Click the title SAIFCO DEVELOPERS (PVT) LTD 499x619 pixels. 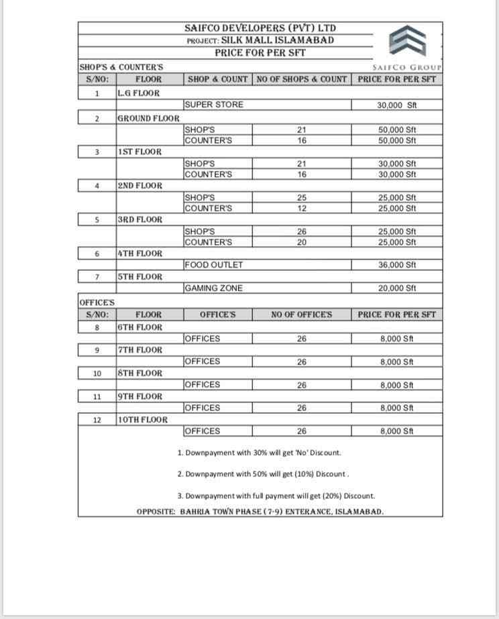pyautogui.click(x=261, y=28)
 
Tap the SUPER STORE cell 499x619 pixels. pyautogui.click(x=214, y=105)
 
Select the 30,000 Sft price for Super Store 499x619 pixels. pyautogui.click(x=397, y=105)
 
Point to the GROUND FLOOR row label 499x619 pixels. pyautogui.click(x=148, y=118)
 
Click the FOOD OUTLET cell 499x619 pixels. pyautogui.click(x=214, y=265)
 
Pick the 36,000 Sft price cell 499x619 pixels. pyautogui.click(x=397, y=265)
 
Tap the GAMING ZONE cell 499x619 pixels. pyautogui.click(x=213, y=288)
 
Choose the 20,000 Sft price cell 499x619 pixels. pyautogui.click(x=397, y=288)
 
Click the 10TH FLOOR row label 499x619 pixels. pyautogui.click(x=142, y=420)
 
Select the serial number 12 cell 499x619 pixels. pyautogui.click(x=97, y=420)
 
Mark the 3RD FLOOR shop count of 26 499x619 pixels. pyautogui.click(x=302, y=231)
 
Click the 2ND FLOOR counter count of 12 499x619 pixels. pyautogui.click(x=302, y=209)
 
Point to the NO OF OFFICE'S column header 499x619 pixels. pyautogui.click(x=302, y=315)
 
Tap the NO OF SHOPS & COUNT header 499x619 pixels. pyautogui.click(x=302, y=79)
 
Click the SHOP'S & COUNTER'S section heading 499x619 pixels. pyautogui.click(x=121, y=67)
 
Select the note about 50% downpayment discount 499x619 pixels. pyautogui.click(x=263, y=474)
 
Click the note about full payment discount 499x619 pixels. pyautogui.click(x=276, y=496)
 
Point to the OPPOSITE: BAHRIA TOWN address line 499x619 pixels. pyautogui.click(x=260, y=511)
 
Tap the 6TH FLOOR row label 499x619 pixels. pyautogui.click(x=140, y=327)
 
